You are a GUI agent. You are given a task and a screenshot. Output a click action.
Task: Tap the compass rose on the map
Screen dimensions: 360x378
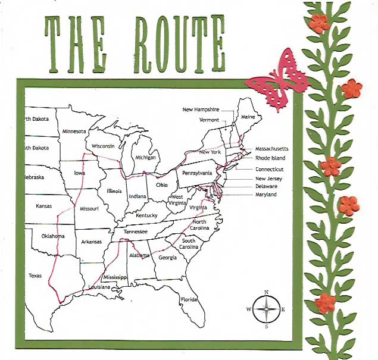point(266,309)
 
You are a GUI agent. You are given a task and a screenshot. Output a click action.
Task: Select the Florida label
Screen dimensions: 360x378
point(189,299)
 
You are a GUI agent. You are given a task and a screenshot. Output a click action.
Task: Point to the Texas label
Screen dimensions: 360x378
point(35,276)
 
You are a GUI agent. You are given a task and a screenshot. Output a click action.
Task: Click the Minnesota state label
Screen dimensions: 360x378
point(74,131)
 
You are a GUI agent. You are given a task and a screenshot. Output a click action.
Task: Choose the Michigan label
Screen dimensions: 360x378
point(145,158)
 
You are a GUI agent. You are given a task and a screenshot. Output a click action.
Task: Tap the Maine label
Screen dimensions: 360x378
point(248,117)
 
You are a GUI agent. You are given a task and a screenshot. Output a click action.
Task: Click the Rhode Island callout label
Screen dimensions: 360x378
point(270,158)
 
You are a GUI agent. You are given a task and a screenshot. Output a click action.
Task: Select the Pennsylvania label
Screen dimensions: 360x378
point(198,173)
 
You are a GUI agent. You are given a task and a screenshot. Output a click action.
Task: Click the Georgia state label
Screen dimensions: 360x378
point(167,258)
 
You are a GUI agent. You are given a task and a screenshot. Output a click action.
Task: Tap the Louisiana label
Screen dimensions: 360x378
point(98,287)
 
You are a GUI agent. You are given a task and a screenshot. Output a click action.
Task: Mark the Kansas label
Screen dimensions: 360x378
point(44,206)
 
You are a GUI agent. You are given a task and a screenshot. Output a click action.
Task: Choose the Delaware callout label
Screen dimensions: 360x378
point(266,186)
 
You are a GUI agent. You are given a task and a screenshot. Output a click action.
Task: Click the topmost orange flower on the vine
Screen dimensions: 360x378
point(320,23)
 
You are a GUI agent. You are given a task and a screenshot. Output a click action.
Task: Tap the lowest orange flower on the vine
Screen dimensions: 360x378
point(324,303)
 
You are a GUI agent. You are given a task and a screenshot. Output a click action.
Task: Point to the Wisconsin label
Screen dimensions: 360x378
point(104,146)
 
